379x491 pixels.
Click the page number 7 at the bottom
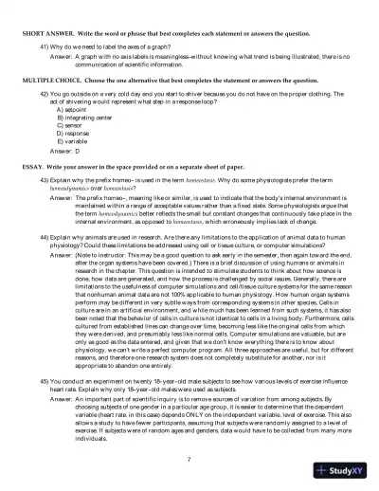point(189,459)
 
